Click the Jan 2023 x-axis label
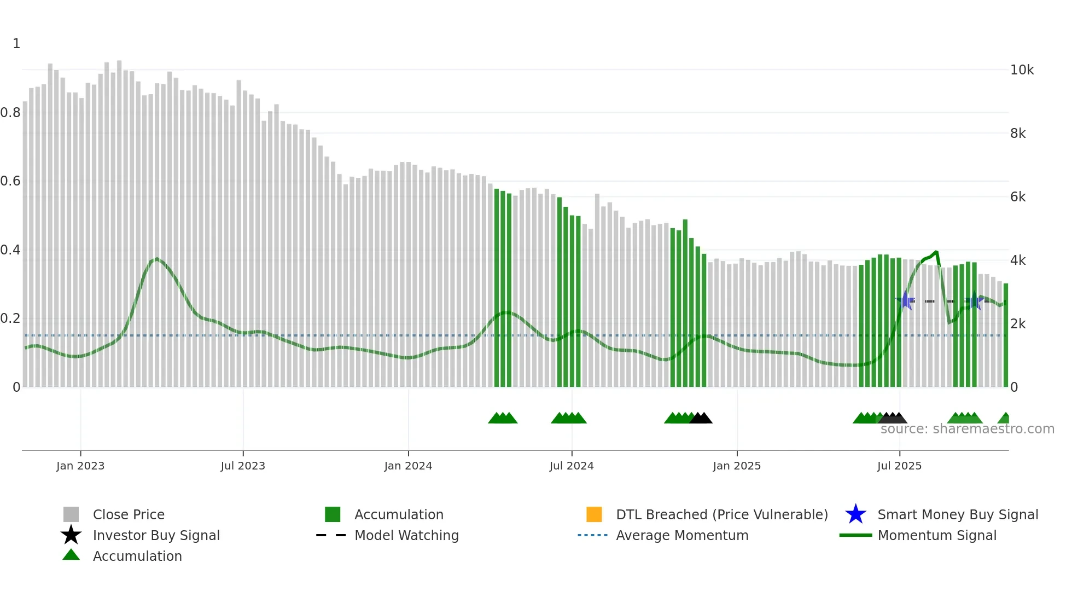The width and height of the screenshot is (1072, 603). tap(80, 466)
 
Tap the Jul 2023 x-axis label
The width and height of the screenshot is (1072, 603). tap(243, 466)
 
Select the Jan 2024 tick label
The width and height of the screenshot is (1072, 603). tap(408, 466)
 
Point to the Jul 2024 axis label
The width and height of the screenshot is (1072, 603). tap(572, 466)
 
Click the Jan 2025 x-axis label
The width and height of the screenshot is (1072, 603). tap(737, 466)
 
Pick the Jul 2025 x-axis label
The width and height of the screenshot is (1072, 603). tap(899, 466)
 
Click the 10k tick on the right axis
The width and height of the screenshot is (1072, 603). tap(1022, 70)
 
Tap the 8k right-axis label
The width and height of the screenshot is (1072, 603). tap(1018, 134)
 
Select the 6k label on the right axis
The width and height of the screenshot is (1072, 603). tap(1018, 197)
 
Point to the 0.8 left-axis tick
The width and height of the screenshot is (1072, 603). tap(10, 113)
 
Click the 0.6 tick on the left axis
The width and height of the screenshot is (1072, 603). tap(10, 181)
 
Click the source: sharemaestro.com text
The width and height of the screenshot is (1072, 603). tap(967, 429)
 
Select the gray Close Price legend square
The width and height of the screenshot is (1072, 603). tap(71, 514)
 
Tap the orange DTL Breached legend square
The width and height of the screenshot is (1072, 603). tap(594, 514)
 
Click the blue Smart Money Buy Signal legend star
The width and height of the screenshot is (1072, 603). tap(855, 514)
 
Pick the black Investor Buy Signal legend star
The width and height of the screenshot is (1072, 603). tap(71, 535)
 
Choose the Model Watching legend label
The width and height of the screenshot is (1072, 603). tap(406, 535)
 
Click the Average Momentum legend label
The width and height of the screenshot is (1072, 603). tap(682, 535)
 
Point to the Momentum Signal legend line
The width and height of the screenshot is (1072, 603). tap(855, 535)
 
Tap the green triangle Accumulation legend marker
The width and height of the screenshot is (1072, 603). tap(71, 555)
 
